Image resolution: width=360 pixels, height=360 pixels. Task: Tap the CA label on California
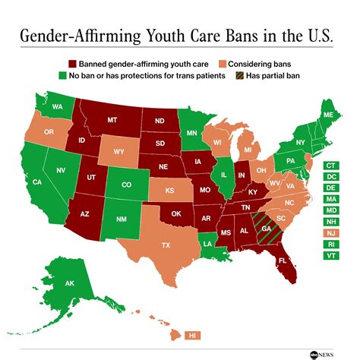36,182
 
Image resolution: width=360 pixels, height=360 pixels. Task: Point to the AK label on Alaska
69,283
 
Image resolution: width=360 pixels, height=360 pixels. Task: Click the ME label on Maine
327,115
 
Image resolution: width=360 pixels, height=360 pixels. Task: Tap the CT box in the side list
332,166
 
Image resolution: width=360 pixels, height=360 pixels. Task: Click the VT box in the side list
332,257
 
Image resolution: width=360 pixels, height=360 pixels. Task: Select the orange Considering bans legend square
222,65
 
